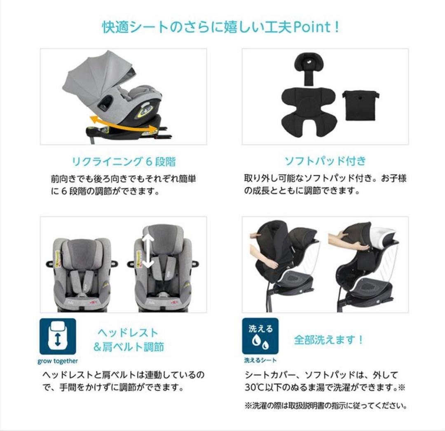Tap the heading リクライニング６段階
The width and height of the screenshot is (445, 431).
tap(124, 161)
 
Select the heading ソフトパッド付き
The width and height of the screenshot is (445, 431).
tap(325, 161)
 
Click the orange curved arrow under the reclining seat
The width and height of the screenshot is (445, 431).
tap(124, 123)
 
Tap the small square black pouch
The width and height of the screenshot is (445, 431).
tap(361, 105)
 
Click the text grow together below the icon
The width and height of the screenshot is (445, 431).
tap(58, 361)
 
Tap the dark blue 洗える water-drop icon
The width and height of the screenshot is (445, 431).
tap(260, 336)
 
